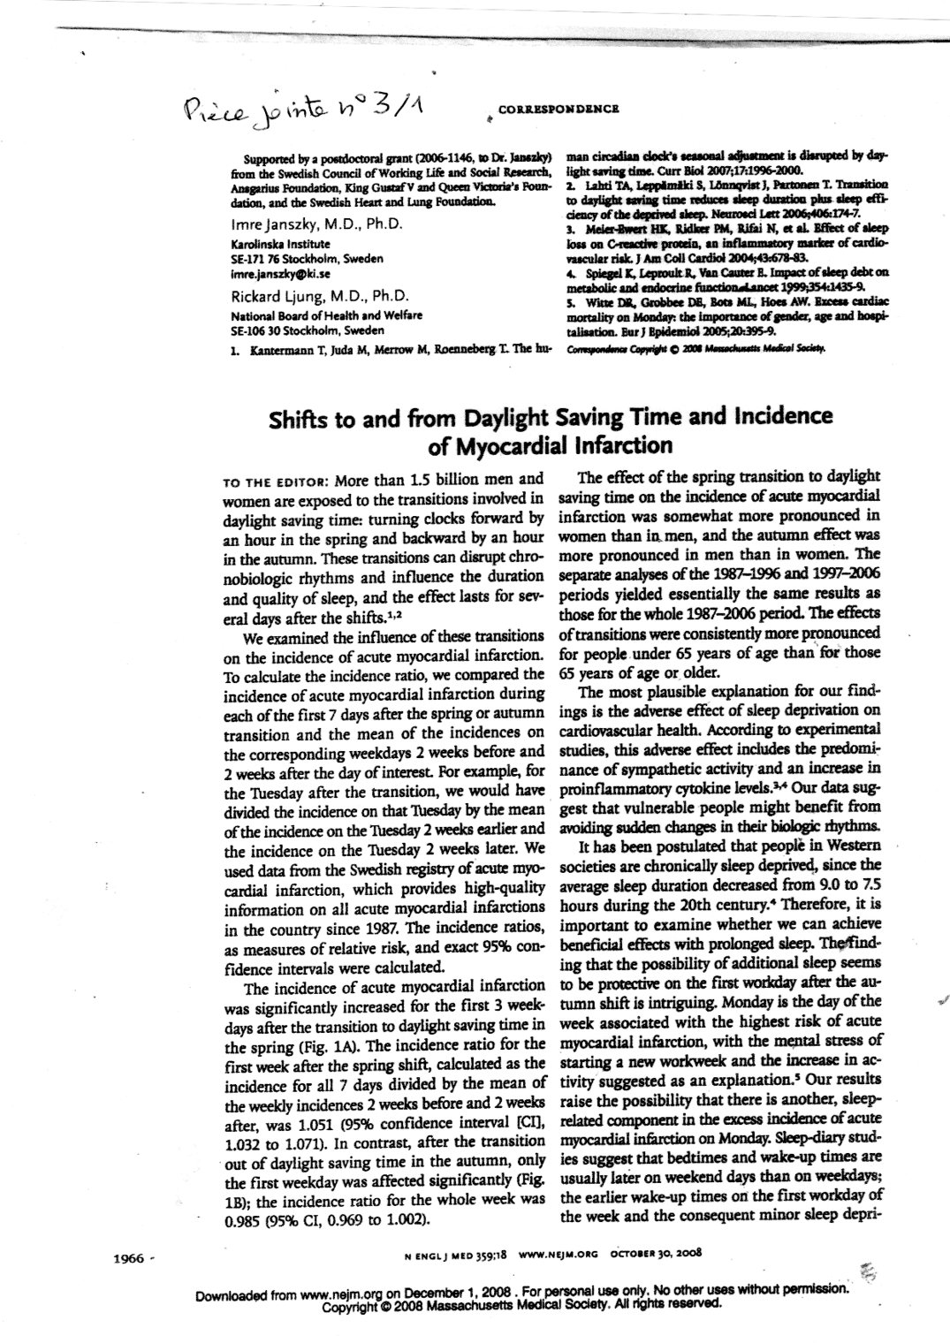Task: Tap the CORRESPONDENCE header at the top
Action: (x=558, y=109)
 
